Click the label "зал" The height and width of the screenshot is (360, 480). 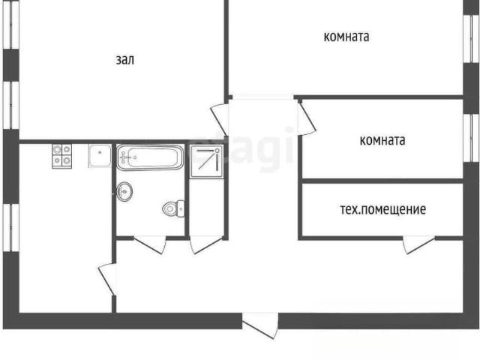(x=125, y=60)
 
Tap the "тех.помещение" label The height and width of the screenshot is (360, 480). (x=383, y=209)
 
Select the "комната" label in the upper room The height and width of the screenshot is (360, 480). (x=346, y=37)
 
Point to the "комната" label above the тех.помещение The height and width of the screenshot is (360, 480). (x=382, y=140)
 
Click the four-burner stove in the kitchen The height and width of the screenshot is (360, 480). (x=61, y=156)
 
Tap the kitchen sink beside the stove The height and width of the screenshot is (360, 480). (x=100, y=156)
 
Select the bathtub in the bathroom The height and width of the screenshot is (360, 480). (x=150, y=157)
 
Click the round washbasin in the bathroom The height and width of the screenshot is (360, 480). (x=124, y=192)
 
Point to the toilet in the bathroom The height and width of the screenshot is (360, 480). (x=173, y=209)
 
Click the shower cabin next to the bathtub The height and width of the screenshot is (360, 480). (x=206, y=162)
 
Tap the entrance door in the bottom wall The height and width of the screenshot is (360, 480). (x=260, y=325)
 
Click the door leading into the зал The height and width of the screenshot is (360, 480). (x=220, y=120)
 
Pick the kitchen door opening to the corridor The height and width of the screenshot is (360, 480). (x=107, y=279)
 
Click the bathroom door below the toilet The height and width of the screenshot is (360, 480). (x=150, y=244)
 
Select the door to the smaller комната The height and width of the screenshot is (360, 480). (x=307, y=118)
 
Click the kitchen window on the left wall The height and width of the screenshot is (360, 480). (x=11, y=228)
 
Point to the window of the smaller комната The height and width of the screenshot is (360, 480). (x=472, y=138)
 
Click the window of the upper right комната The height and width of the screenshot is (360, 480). (x=472, y=39)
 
